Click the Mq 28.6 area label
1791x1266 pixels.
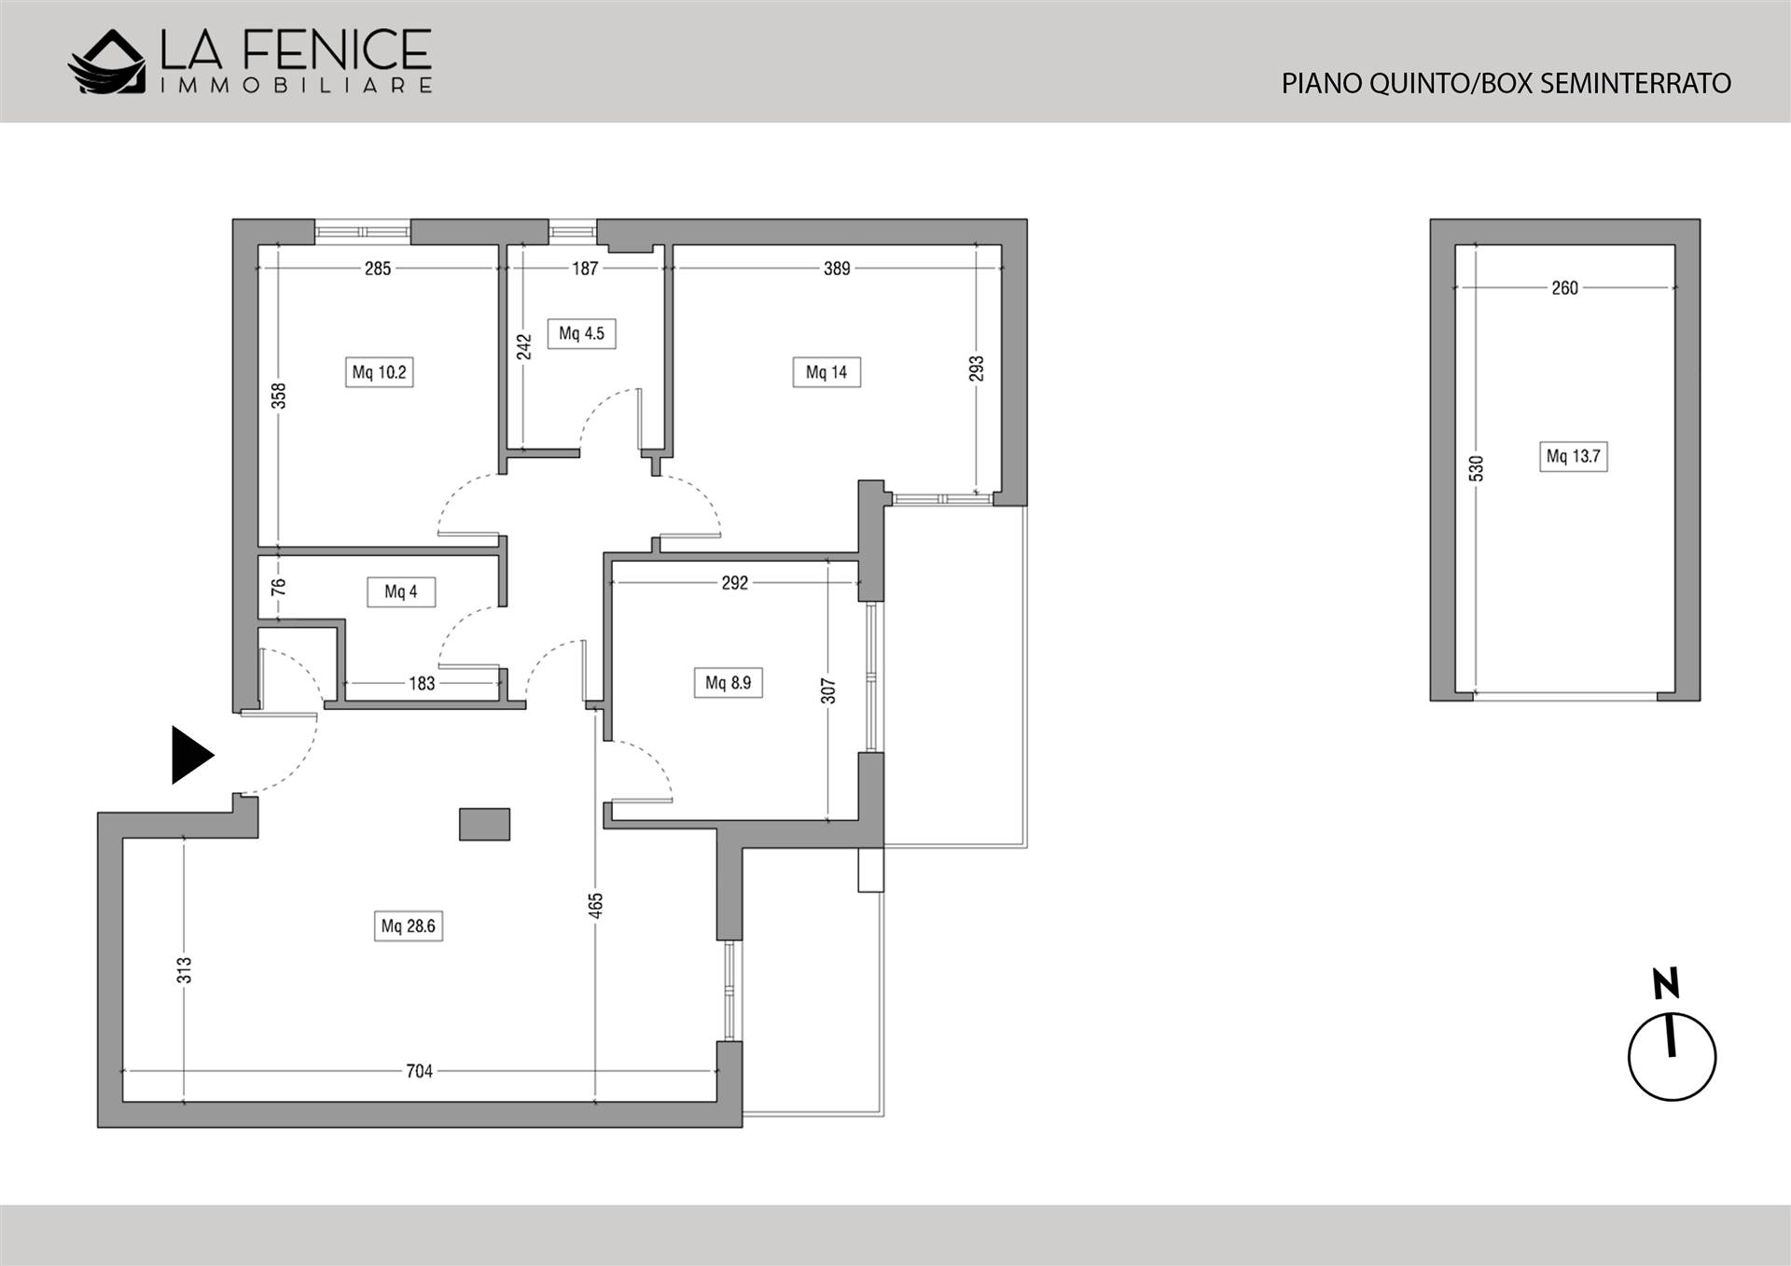tap(409, 926)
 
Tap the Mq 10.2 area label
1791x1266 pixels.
tap(379, 372)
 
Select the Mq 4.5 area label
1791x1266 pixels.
tap(581, 333)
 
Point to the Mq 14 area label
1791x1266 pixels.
tap(826, 372)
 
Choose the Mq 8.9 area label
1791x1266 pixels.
tap(728, 683)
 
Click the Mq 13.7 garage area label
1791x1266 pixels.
tap(1573, 456)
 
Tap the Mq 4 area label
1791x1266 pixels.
tap(401, 591)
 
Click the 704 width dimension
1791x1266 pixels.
tap(420, 1071)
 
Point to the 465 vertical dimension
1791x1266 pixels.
tap(596, 905)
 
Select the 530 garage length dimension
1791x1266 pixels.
tap(1476, 468)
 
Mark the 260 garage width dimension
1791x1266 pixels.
tap(1565, 288)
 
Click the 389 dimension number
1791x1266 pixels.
tap(837, 269)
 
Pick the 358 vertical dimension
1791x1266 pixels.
tap(278, 396)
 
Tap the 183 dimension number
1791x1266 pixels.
tap(422, 684)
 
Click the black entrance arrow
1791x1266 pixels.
tap(192, 755)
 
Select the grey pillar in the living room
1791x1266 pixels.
tap(485, 825)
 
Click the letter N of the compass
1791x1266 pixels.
tap(1666, 983)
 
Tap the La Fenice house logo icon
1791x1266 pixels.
tap(107, 63)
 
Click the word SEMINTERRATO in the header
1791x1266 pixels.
tap(1635, 84)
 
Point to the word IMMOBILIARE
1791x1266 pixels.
tap(297, 86)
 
